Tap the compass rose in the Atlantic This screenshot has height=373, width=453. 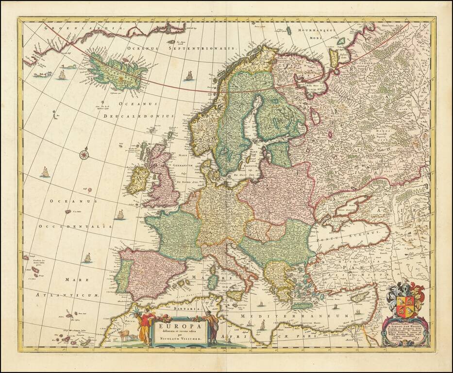pos(84,154)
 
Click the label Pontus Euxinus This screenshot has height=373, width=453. pos(346,235)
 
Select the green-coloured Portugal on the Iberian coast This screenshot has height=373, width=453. pos(123,275)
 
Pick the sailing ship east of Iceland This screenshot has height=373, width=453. pos(189,75)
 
